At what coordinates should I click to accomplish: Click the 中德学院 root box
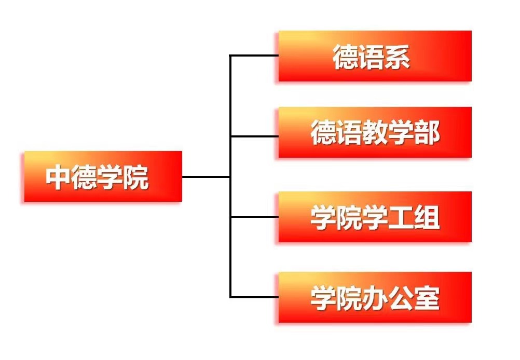[103, 176]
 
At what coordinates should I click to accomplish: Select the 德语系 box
[375, 56]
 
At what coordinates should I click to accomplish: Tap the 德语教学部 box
[375, 132]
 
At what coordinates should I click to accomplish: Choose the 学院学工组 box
[375, 217]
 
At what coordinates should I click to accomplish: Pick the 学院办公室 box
[375, 297]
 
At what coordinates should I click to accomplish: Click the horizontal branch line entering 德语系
[254, 56]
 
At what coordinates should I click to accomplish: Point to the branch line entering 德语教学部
[254, 136]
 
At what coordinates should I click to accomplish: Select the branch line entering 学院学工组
[254, 217]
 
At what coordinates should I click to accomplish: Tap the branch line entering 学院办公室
[254, 297]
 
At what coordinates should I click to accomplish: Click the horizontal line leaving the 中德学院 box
[206, 177]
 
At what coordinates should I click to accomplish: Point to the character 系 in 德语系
[398, 57]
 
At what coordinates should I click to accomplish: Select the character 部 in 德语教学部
[427, 133]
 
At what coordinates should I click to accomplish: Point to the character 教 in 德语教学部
[375, 133]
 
